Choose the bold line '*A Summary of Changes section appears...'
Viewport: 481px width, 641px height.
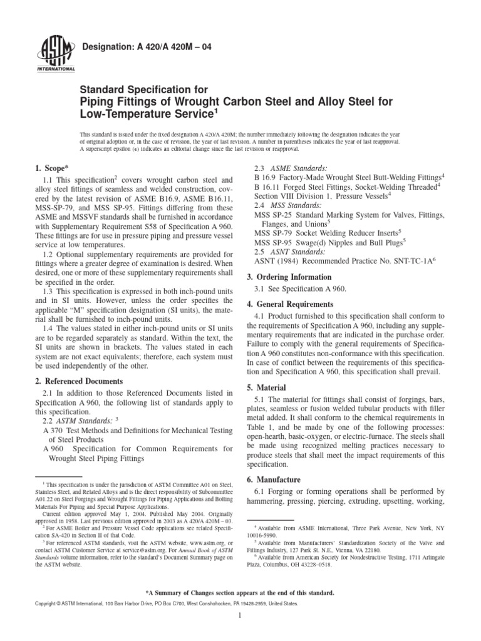[240, 592]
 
